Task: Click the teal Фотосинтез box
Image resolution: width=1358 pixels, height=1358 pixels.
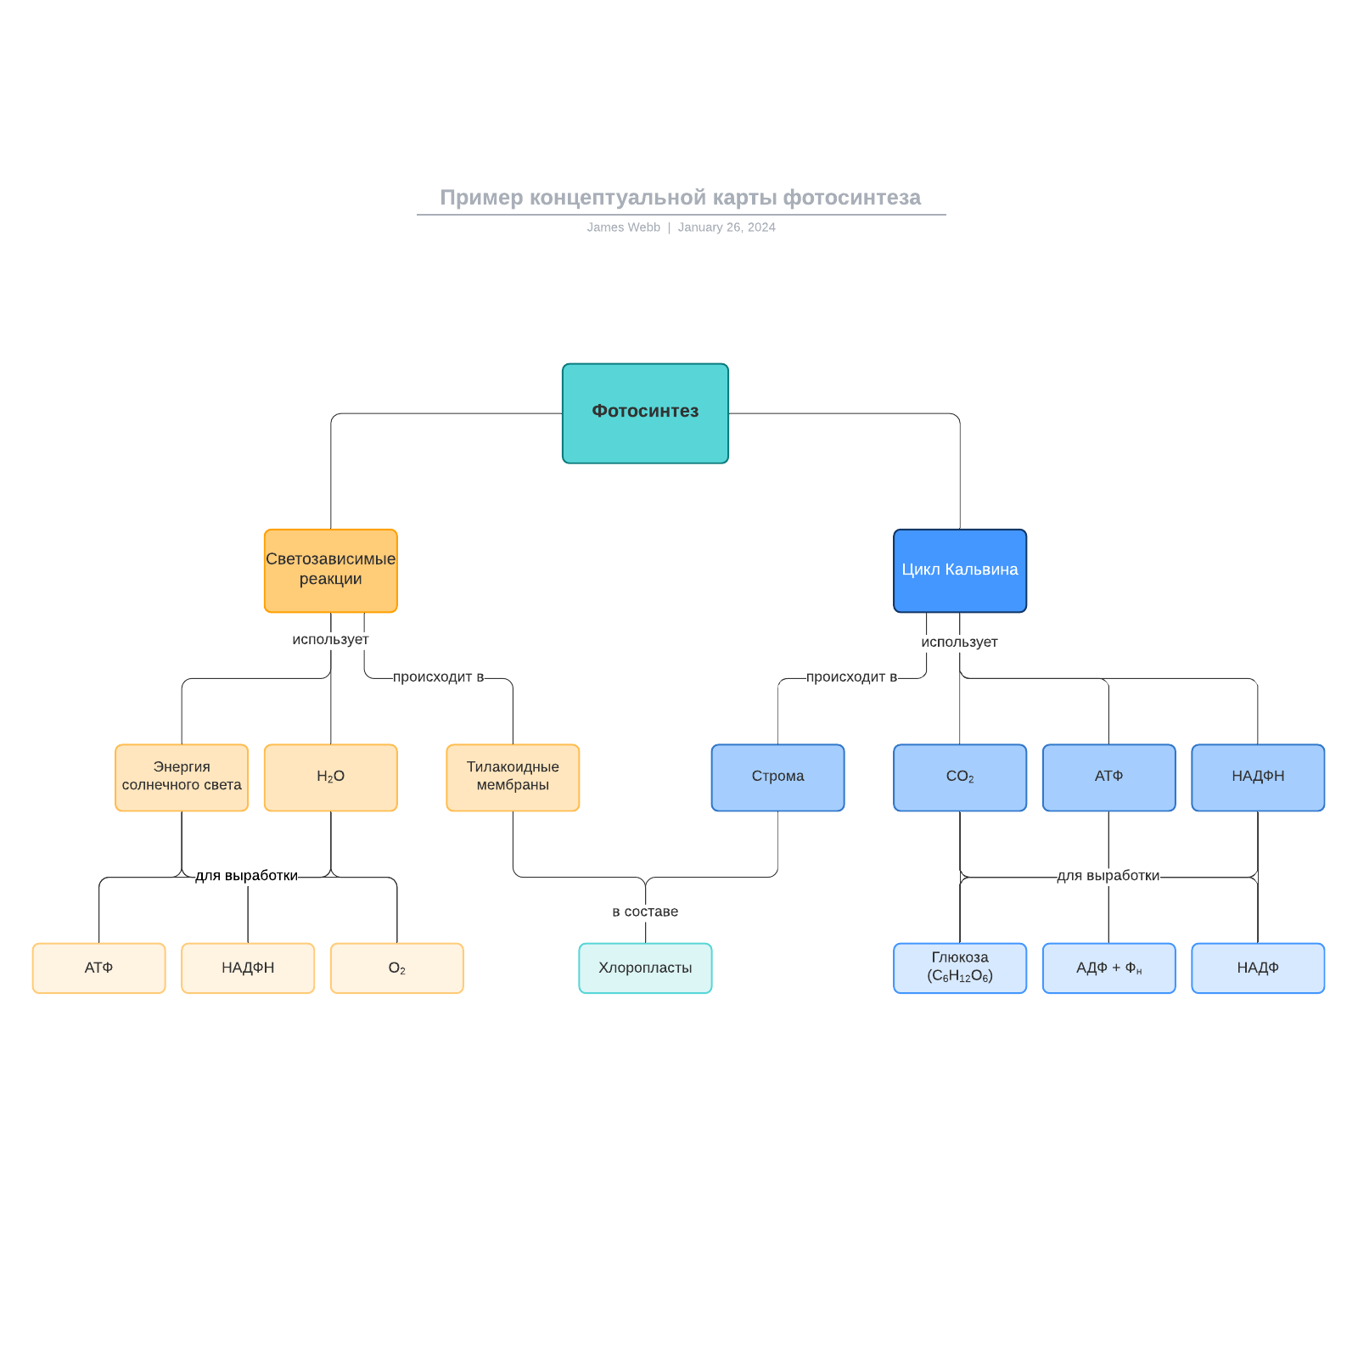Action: (x=645, y=413)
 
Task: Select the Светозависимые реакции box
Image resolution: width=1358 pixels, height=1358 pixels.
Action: (x=330, y=570)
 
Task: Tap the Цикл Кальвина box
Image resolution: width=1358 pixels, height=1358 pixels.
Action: (x=959, y=570)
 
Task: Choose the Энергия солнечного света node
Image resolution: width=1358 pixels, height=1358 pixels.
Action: (x=182, y=777)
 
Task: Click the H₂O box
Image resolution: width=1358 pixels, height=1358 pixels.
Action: (x=330, y=777)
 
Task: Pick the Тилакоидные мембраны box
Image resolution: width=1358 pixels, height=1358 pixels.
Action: (x=513, y=777)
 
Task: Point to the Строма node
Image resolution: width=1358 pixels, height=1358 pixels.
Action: (x=777, y=777)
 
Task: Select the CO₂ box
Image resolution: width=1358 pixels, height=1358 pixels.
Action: (x=959, y=777)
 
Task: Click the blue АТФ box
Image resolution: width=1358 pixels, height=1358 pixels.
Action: (x=1108, y=777)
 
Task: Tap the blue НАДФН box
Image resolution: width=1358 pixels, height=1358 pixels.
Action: (x=1258, y=777)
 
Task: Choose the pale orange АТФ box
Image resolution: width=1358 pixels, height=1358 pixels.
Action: (x=98, y=968)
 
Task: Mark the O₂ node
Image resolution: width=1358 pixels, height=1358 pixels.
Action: (x=396, y=968)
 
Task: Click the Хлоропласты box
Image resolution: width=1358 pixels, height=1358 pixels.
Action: (x=645, y=968)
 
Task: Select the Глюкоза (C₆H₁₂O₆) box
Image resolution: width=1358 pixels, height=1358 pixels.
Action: (x=959, y=968)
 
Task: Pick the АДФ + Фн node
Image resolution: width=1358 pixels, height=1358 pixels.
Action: (x=1108, y=968)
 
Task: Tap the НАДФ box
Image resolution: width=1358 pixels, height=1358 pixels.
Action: (x=1258, y=968)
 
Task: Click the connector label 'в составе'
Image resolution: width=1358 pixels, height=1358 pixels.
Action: (x=645, y=912)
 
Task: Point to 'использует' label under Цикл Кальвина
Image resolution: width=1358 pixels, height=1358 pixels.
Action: (x=959, y=643)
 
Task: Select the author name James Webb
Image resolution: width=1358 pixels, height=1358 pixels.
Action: (x=623, y=227)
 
